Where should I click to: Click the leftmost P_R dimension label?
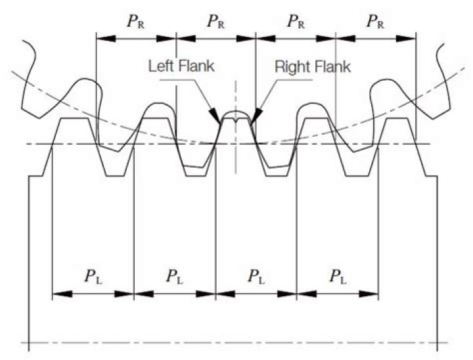click(136, 22)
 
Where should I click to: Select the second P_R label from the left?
click(216, 22)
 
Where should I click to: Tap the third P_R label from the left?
click(296, 22)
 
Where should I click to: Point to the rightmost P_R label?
click(376, 22)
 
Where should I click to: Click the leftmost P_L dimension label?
click(92, 277)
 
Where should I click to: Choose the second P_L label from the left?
click(174, 277)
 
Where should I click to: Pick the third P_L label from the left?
click(256, 277)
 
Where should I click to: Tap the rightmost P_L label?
click(338, 277)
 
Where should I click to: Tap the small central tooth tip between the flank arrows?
click(236, 116)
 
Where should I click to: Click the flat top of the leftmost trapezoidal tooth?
click(75, 118)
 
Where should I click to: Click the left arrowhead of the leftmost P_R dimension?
click(101, 38)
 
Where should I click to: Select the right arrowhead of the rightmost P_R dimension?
click(411, 38)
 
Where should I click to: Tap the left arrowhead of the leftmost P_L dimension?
click(57, 293)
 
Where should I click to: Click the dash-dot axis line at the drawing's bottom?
click(236, 342)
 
